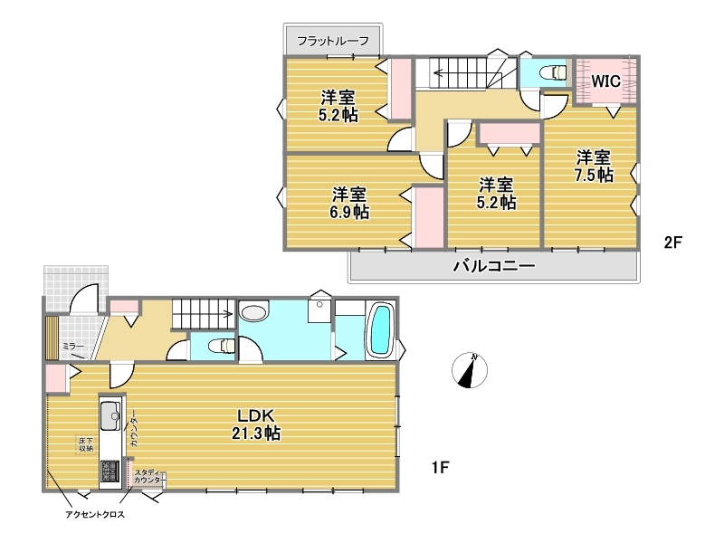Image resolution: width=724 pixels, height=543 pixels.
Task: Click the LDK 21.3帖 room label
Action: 256,424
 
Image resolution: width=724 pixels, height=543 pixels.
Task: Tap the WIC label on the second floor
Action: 605,81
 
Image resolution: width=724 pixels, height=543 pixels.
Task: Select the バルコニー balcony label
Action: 493,266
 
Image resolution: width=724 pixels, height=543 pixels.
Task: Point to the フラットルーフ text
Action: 332,41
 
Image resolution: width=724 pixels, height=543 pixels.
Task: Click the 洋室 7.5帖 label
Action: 594,167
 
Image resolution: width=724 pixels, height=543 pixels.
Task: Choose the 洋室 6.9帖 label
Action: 349,203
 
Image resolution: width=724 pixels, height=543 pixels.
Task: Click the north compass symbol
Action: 470,370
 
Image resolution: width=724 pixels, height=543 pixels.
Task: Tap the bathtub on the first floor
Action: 380,329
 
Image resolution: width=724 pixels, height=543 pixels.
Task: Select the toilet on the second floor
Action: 553,72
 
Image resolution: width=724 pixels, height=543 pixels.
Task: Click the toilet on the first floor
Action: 222,345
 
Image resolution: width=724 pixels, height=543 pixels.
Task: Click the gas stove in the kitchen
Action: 110,471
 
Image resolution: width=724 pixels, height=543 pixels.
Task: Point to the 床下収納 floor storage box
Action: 86,444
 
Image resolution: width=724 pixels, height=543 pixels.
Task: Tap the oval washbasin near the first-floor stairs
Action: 254,311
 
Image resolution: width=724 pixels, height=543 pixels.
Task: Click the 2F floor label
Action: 672,243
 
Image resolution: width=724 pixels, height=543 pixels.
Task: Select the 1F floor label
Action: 441,467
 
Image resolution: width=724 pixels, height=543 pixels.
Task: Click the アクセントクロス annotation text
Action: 95,514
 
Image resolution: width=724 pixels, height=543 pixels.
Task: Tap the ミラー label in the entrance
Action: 74,347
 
